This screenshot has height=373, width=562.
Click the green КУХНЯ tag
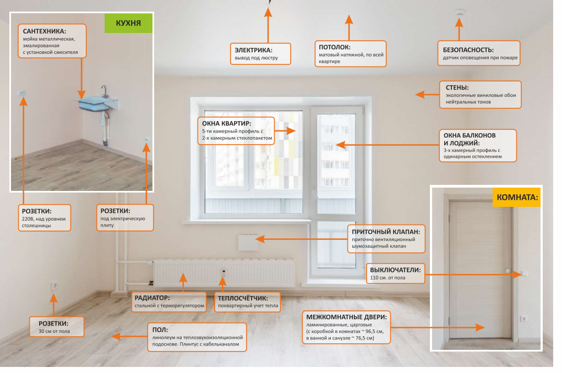[128, 23]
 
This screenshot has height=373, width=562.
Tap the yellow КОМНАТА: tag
[517, 196]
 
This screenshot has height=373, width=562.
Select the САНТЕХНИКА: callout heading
[45, 31]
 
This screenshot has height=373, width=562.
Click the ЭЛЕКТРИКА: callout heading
[254, 50]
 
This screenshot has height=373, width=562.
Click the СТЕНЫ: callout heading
[457, 87]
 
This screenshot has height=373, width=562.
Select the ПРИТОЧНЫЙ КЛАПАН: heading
[386, 232]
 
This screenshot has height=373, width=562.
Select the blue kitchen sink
[98, 102]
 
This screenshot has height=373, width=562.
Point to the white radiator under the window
[224, 273]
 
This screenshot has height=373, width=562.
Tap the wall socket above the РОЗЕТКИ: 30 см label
[54, 286]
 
